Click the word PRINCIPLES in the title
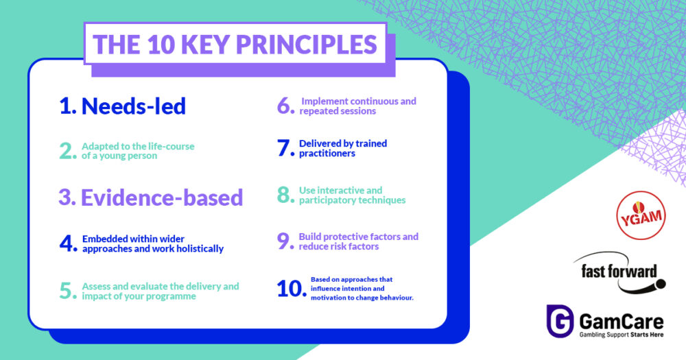click(x=306, y=44)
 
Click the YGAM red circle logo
click(x=641, y=215)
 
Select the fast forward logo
click(x=619, y=272)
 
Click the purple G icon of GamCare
click(x=560, y=321)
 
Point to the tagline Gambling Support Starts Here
click(x=622, y=335)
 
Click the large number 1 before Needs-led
click(x=67, y=106)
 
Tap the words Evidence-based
click(x=162, y=197)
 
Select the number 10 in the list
click(x=291, y=289)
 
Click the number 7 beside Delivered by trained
click(x=285, y=148)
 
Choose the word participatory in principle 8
click(x=325, y=200)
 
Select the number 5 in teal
click(x=68, y=291)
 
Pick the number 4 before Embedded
click(x=68, y=243)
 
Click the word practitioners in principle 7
click(x=327, y=154)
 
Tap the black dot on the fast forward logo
click(x=661, y=285)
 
